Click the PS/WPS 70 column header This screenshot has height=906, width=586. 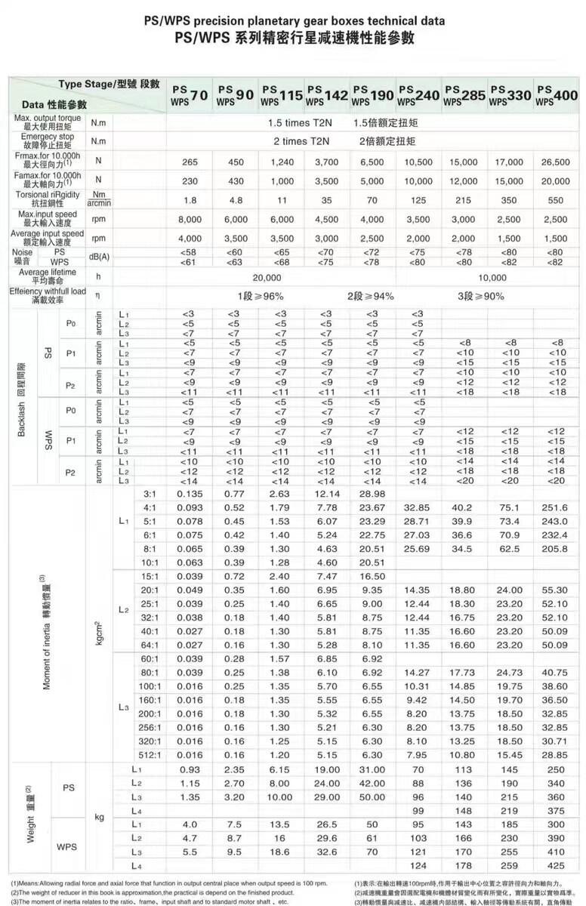(190, 94)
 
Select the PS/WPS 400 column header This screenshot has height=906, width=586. (556, 94)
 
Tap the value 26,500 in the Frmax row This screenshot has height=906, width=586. (556, 162)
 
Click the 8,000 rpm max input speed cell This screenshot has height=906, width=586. (190, 219)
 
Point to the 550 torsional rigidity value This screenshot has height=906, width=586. (556, 200)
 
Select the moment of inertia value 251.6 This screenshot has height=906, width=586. (556, 507)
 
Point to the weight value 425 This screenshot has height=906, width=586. (556, 864)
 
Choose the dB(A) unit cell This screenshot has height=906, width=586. (99, 257)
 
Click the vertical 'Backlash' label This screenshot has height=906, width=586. (22, 398)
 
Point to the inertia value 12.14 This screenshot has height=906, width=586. (326, 493)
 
